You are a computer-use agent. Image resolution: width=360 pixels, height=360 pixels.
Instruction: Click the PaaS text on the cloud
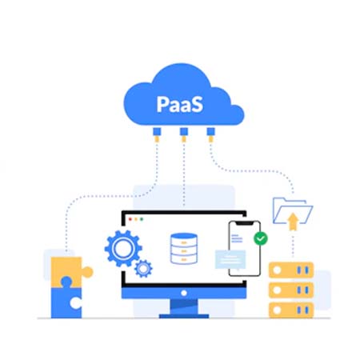(179, 104)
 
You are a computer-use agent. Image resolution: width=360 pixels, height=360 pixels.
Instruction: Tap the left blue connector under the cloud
(157, 131)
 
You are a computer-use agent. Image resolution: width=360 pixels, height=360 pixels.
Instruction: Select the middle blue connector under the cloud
(184, 131)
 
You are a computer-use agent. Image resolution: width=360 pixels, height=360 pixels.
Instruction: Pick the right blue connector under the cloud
(210, 131)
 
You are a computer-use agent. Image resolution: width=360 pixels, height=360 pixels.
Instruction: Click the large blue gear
(123, 248)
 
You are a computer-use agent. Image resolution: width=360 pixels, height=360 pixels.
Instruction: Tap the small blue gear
(143, 269)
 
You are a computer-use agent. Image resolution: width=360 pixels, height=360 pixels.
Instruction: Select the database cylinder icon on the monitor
(184, 249)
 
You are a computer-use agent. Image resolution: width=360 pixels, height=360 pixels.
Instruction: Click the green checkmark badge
(261, 238)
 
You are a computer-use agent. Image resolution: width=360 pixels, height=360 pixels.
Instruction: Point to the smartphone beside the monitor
(244, 249)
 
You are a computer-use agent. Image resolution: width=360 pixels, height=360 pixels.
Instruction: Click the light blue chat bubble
(230, 260)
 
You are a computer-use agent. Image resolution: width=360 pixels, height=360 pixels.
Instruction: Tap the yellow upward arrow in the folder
(293, 222)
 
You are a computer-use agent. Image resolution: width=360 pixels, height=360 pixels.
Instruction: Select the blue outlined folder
(292, 210)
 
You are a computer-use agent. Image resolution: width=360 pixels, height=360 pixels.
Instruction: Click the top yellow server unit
(291, 270)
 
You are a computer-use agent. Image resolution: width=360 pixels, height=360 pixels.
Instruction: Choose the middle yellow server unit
(291, 290)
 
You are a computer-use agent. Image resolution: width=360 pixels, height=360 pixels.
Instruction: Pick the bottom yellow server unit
(291, 310)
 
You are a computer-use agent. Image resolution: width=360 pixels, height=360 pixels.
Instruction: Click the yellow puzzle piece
(70, 271)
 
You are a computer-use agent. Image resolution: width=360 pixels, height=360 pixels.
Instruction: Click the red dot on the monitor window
(130, 219)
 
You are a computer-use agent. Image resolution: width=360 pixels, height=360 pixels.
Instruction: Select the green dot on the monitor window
(142, 219)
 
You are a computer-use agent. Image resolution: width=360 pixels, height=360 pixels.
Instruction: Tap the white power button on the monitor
(184, 293)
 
